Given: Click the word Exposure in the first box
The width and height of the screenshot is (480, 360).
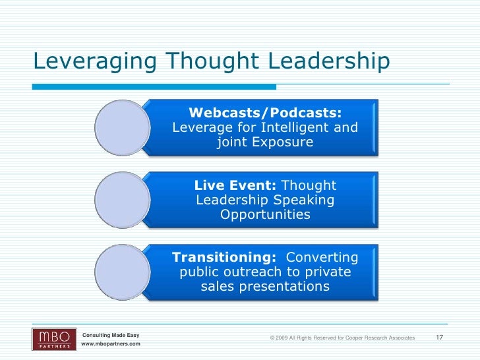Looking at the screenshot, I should coord(285,142).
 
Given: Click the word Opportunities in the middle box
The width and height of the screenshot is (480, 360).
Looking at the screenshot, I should coord(265,216).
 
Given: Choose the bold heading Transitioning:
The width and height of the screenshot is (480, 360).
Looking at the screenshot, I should coord(224,257).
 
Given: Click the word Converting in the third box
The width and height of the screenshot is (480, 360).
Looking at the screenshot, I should coord(322,257).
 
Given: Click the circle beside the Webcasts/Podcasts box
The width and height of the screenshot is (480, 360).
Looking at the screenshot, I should coord(123,127).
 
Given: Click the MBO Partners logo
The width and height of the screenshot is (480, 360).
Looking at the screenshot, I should coord(54,339).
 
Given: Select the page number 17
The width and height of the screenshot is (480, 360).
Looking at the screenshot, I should coord(440,338).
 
